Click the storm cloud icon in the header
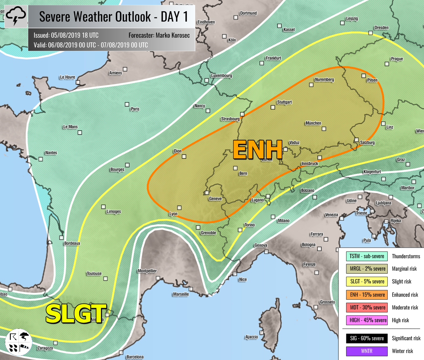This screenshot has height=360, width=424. pos(16,16)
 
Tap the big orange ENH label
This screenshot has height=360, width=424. pos(258,150)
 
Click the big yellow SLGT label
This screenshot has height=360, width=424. pos(76,313)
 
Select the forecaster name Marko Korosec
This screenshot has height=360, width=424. pos(172,35)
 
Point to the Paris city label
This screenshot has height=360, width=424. pos(135,109)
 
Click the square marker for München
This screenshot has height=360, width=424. pos(324,129)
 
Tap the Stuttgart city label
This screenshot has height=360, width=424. pos(284,102)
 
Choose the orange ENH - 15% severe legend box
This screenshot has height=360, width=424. pos(367,295)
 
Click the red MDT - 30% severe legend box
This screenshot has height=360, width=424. pos(367,307)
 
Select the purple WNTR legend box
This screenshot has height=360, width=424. pos(367,351)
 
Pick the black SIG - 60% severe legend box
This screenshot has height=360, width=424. pos(367,338)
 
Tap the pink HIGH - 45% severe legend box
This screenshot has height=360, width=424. pos(367,320)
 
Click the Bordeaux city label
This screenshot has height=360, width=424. pos(72,243)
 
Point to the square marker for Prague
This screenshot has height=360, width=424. pos(387,64)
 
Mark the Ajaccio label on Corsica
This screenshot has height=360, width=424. pos(252,337)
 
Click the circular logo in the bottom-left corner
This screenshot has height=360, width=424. pos(19,342)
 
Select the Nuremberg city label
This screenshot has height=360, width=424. pos(324,79)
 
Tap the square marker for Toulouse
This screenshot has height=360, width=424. pos(106,279)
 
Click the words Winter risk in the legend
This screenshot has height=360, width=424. pos(402,351)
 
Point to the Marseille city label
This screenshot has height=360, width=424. pos(181,294)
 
